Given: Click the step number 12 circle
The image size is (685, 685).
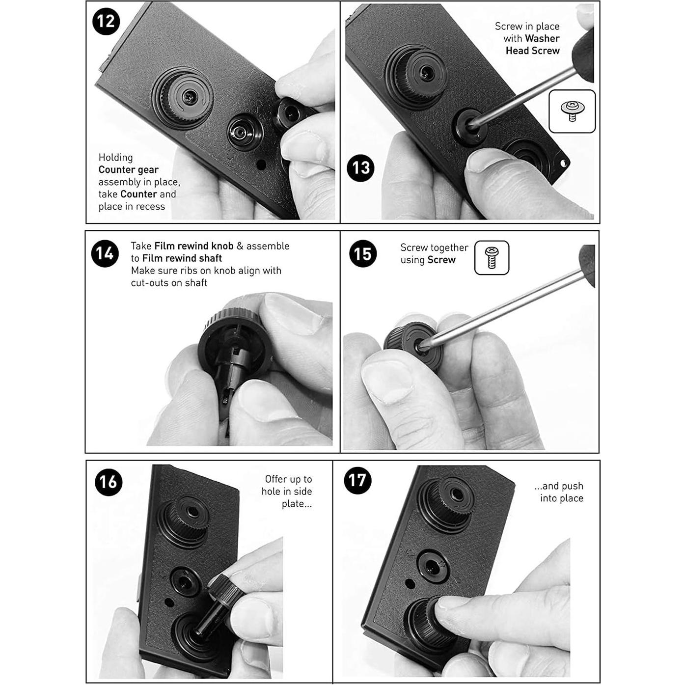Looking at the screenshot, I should click(x=106, y=21).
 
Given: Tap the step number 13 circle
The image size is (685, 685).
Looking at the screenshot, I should click(x=360, y=168).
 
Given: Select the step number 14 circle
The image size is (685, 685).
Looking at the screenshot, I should click(x=105, y=253).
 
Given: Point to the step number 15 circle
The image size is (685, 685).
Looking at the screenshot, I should click(x=363, y=253).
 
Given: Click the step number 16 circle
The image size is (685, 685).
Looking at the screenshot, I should click(x=109, y=482).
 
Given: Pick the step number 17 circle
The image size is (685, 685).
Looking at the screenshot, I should click(x=358, y=480).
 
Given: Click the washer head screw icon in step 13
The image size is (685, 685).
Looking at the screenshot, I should click(x=572, y=111).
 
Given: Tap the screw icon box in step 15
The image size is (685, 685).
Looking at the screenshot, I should click(x=492, y=257).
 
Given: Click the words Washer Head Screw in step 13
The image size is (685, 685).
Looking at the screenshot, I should click(x=532, y=45).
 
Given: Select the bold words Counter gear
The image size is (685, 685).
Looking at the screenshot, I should click(x=128, y=170).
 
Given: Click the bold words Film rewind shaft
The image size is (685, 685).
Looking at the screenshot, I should click(x=182, y=258).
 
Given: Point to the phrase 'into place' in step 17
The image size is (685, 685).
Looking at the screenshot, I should click(x=562, y=498).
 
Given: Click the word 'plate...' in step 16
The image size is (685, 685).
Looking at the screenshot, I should click(x=297, y=504).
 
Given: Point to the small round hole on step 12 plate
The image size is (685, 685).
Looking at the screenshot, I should click(x=261, y=164).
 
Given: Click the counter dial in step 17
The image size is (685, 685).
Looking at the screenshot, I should click(x=432, y=567).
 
